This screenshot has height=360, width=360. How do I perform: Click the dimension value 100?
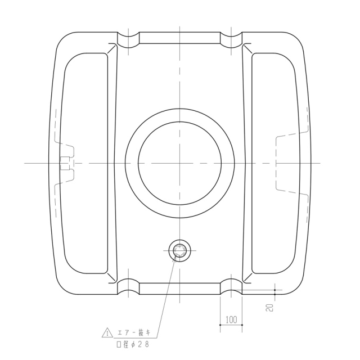tap(231, 319)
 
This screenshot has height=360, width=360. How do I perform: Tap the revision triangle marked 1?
tap(107, 332)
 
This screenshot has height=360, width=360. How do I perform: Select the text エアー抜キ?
tap(134, 332)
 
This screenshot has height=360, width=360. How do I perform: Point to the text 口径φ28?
tap(133, 344)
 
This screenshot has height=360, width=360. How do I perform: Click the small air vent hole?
tap(179, 250)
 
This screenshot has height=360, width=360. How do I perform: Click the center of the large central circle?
tap(180, 163)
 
